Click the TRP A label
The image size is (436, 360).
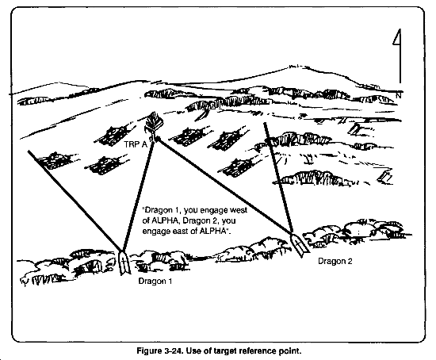135,144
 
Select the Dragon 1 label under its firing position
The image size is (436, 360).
155,281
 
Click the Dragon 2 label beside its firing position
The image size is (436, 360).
335,261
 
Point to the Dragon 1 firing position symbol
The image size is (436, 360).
124,262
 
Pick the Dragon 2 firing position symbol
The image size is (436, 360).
298,244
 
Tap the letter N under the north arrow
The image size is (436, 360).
399,95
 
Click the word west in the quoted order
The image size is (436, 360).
239,210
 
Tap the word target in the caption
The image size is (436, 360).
225,351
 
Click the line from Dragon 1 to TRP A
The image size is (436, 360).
137,194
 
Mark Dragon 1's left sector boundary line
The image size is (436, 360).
75,200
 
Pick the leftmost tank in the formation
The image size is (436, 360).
53,161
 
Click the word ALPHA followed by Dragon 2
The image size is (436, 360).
165,220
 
